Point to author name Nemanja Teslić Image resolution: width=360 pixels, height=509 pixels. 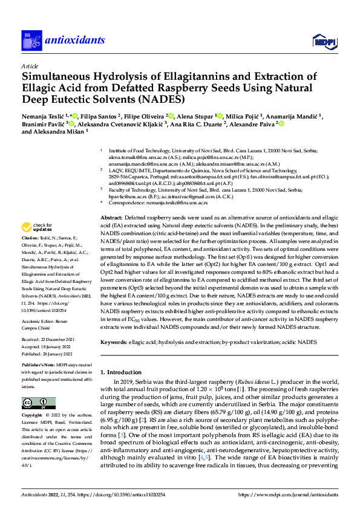coord(44,115)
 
